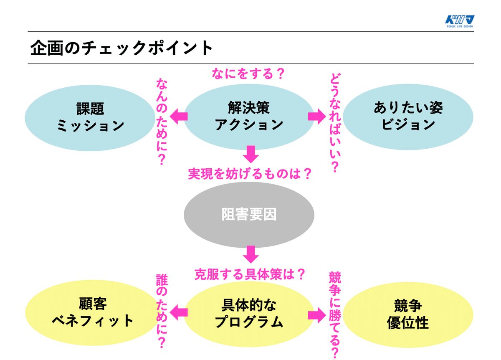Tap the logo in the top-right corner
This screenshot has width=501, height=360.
459,21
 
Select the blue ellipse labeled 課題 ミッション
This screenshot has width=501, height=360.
90,117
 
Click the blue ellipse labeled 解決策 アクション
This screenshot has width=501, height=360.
249,117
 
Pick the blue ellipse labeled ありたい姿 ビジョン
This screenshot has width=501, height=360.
408,117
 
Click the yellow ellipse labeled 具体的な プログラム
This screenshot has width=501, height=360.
249,312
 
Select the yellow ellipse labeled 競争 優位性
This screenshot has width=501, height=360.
408,312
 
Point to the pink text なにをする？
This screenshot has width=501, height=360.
248,74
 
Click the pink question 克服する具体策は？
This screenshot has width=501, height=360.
250,274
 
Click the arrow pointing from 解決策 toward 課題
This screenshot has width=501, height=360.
179,117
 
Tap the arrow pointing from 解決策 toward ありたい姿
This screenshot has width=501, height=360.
316,117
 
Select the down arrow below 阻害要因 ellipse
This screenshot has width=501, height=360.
250,254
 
